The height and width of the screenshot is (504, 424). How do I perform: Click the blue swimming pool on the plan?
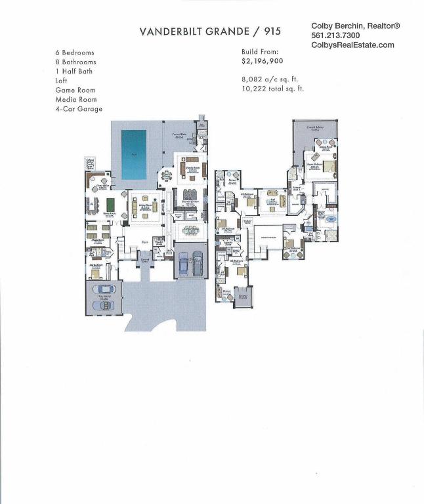pyautogui.click(x=134, y=154)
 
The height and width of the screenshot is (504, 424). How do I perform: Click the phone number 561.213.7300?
pyautogui.click(x=335, y=35)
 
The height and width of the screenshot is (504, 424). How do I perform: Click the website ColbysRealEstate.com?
pyautogui.click(x=352, y=45)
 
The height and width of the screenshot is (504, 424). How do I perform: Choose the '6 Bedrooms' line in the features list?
pyautogui.click(x=75, y=52)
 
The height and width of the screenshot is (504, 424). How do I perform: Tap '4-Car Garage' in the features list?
pyautogui.click(x=79, y=109)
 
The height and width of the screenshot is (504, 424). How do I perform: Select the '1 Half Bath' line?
pyautogui.click(x=74, y=72)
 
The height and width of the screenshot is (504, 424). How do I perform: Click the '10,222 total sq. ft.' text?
pyautogui.click(x=272, y=88)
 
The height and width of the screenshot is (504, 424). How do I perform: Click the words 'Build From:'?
pyautogui.click(x=260, y=51)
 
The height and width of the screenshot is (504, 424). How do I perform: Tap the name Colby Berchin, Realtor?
pyautogui.click(x=355, y=26)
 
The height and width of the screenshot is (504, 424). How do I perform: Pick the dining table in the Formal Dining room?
pyautogui.click(x=191, y=231)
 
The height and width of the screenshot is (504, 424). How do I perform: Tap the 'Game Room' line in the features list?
pyautogui.click(x=75, y=90)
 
